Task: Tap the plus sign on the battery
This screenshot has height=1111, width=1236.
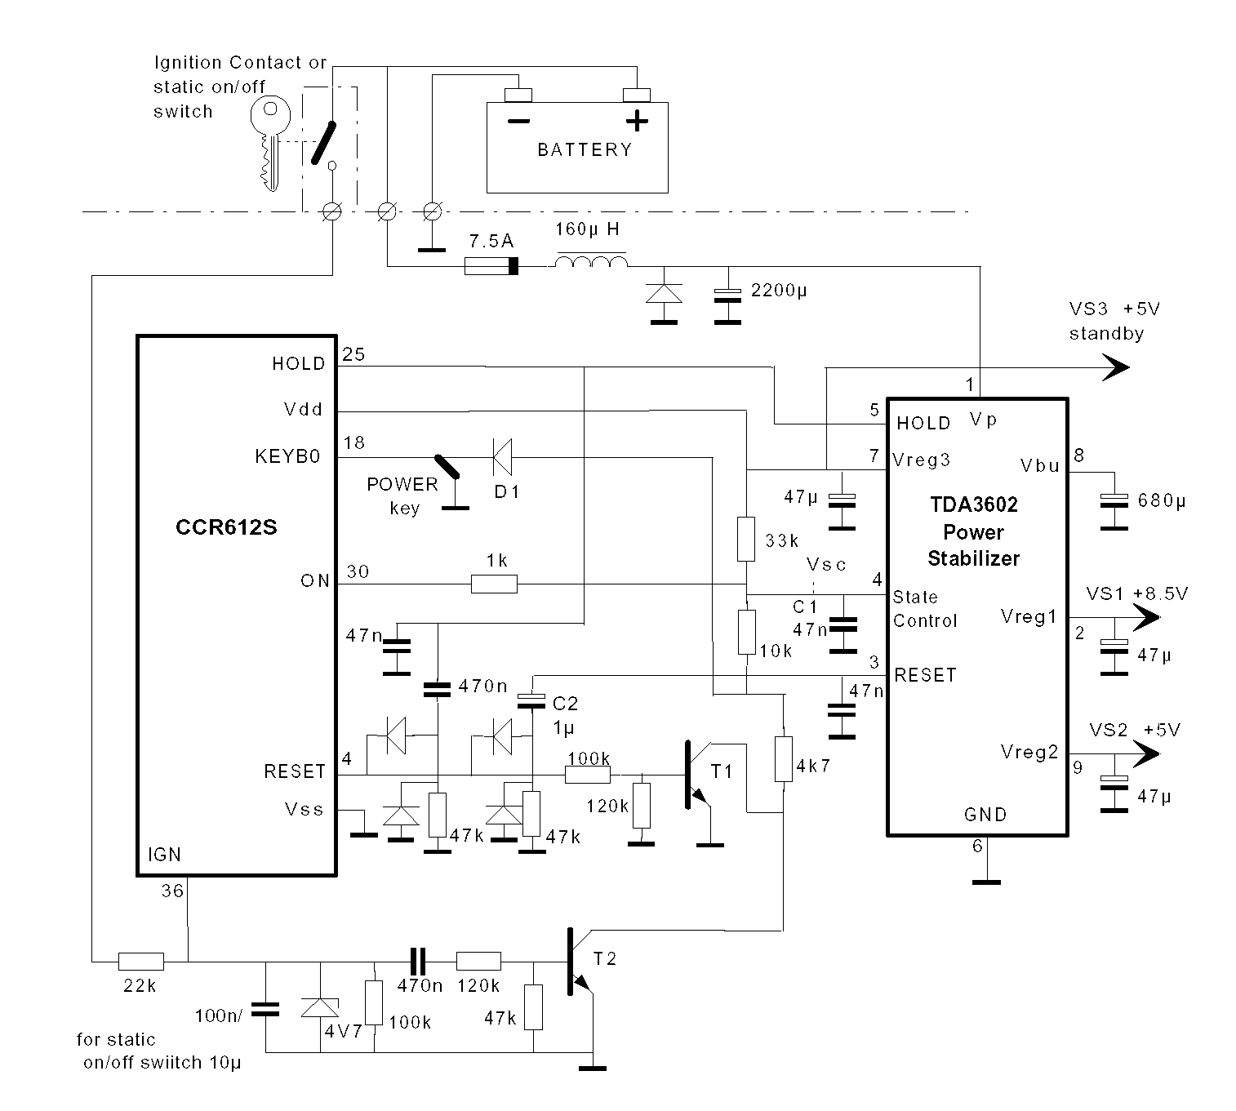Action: [x=637, y=122]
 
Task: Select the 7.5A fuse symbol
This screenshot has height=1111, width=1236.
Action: [x=492, y=266]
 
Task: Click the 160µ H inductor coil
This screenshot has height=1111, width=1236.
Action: [x=592, y=261]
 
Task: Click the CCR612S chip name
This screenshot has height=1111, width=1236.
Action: [x=226, y=527]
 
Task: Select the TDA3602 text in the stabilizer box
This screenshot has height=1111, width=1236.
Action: [x=974, y=504]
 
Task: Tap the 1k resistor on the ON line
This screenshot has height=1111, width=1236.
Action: [x=494, y=583]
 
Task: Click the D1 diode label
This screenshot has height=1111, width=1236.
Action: [x=506, y=491]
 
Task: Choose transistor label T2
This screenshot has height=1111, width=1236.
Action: [x=605, y=958]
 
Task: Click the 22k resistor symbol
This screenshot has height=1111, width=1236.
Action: [x=141, y=961]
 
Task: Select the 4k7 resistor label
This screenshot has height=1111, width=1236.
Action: [x=813, y=766]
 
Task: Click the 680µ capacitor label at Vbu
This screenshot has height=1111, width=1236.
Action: [x=1161, y=500]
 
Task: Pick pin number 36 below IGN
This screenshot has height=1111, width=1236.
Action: [x=172, y=891]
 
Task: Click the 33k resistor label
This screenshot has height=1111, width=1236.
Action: [x=781, y=540]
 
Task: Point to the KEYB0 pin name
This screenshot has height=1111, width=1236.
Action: [x=287, y=457]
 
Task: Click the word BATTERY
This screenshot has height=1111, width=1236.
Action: [x=585, y=150]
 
